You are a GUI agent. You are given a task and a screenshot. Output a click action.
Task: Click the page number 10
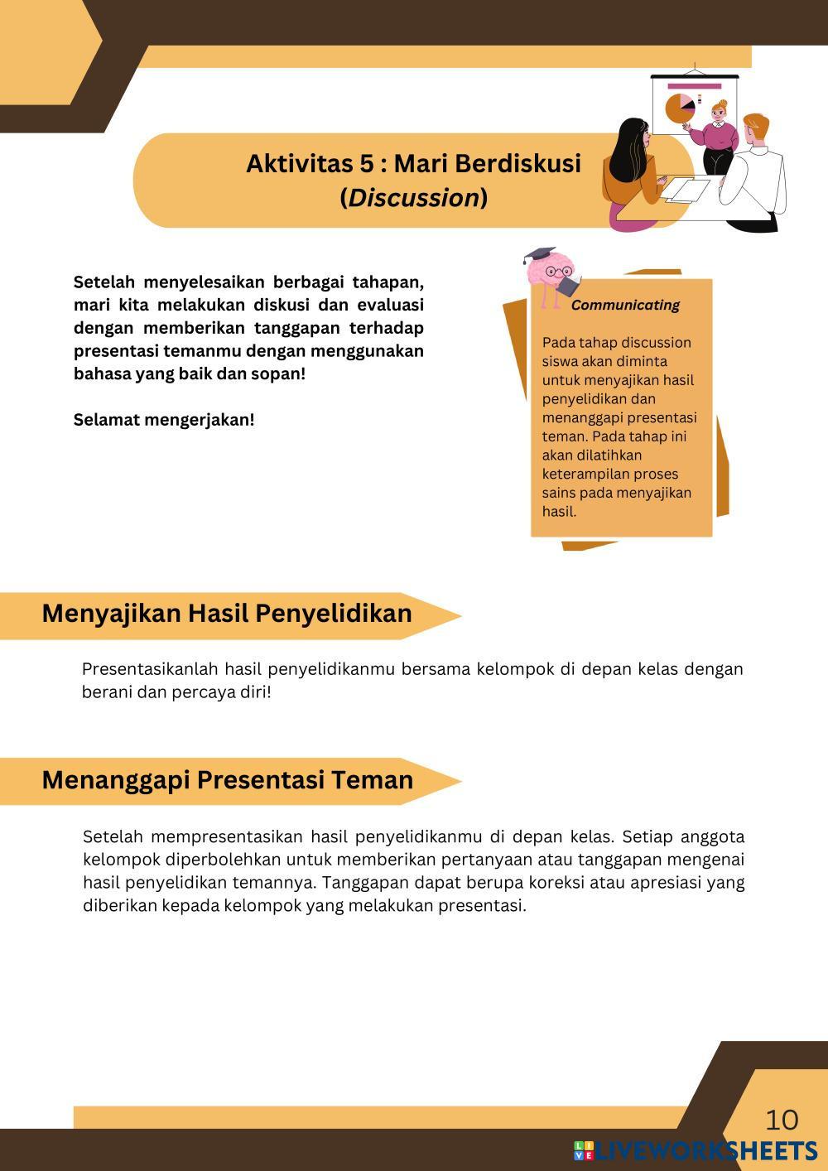pyautogui.click(x=782, y=1120)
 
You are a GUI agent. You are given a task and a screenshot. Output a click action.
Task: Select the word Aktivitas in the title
pyautogui.click(x=299, y=163)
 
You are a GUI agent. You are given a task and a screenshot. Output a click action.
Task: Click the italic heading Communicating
pyautogui.click(x=625, y=305)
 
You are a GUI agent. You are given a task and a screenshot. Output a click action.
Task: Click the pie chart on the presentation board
pyautogui.click(x=679, y=108)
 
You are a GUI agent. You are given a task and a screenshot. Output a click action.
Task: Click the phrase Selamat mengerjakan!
pyautogui.click(x=164, y=420)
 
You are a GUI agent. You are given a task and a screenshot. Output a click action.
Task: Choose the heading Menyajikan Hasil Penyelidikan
pyautogui.click(x=227, y=613)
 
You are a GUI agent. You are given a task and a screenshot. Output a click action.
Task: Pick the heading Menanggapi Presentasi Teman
pyautogui.click(x=227, y=779)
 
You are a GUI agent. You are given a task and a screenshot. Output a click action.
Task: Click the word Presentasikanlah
pyautogui.click(x=150, y=668)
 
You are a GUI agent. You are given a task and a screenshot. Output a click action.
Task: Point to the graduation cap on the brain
pyautogui.click(x=539, y=253)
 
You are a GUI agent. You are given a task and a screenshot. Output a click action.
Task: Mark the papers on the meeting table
pyautogui.click(x=685, y=190)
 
